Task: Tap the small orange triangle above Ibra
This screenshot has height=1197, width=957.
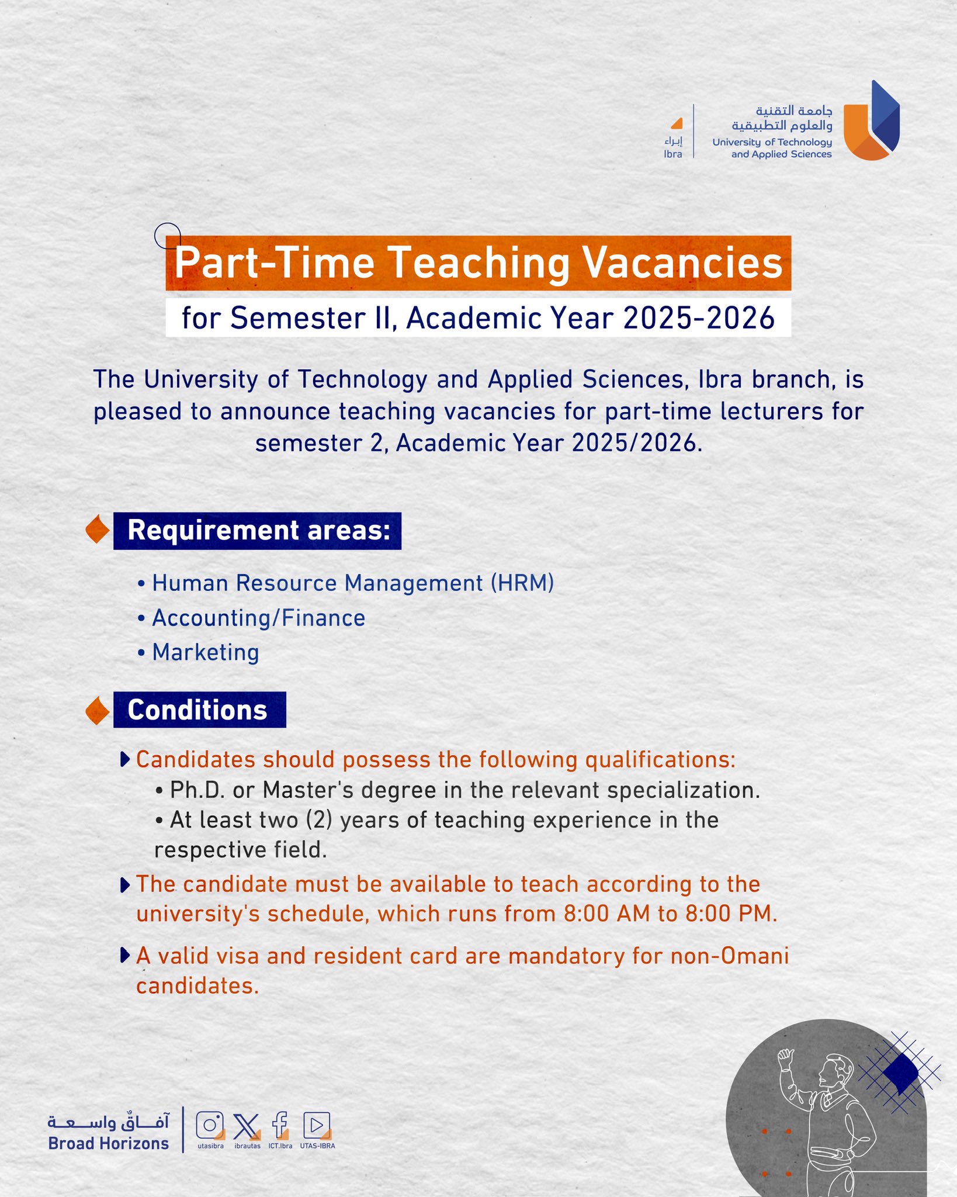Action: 677,123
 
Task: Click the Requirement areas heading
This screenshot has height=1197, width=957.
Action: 258,531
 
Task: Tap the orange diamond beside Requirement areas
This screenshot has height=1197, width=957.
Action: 98,530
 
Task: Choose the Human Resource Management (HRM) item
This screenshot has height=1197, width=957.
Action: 353,583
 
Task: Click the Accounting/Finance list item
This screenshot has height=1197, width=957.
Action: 258,618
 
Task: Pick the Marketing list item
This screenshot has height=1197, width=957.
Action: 205,652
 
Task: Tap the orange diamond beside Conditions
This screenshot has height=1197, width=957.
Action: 98,711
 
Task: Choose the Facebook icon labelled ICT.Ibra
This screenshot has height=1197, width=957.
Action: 280,1125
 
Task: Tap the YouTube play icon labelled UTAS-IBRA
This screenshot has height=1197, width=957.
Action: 317,1125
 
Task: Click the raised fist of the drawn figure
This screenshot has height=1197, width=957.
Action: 786,1055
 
